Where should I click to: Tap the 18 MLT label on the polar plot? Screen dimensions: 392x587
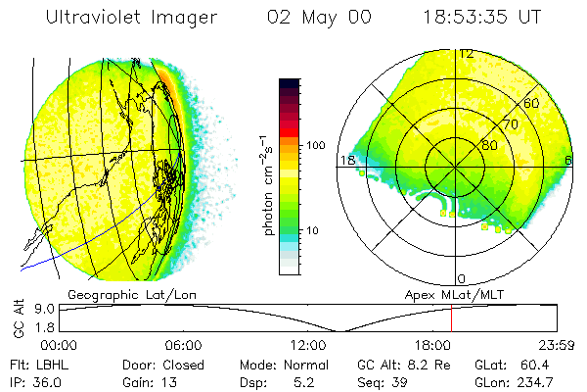pos(347,160)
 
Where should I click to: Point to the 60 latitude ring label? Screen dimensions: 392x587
pos(531,103)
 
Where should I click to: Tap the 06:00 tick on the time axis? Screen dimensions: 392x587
pos(183,345)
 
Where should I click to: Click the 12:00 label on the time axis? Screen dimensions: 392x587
pos(307,345)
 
